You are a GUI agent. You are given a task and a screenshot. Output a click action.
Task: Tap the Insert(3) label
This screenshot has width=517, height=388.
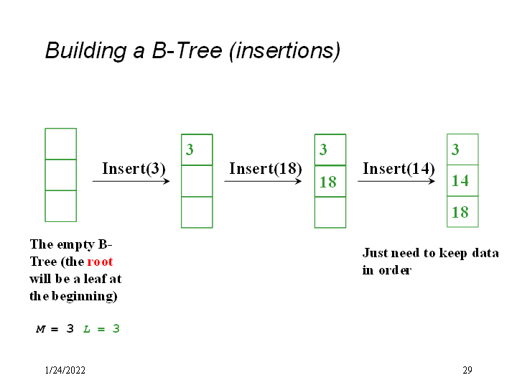click(134, 169)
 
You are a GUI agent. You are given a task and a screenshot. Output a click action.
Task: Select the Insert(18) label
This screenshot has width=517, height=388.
click(265, 169)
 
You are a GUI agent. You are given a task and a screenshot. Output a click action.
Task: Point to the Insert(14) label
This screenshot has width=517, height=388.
click(399, 169)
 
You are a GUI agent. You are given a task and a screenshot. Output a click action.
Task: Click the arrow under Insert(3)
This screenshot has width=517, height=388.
click(131, 181)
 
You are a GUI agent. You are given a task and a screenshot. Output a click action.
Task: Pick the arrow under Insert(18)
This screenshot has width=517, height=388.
click(263, 181)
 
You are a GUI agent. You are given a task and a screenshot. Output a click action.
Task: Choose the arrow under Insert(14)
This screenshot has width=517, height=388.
click(396, 181)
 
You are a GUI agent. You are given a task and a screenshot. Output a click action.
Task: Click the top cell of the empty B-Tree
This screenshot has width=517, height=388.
click(60, 144)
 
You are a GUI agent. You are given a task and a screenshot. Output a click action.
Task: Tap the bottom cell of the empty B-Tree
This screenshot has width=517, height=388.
click(60, 205)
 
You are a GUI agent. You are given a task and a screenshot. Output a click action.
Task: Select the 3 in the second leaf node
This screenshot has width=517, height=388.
click(190, 149)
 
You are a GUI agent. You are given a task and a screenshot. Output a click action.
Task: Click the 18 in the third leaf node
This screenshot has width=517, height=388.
click(327, 182)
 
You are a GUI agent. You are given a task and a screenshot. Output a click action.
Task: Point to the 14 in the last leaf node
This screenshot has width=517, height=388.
click(460, 181)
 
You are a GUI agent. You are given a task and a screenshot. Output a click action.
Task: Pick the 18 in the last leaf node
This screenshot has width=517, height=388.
click(460, 212)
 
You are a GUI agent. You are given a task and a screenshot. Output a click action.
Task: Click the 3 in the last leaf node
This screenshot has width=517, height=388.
click(455, 149)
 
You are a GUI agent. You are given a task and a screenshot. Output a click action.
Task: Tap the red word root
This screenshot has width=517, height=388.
click(100, 262)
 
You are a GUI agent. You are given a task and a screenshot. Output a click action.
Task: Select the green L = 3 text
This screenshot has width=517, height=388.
click(101, 329)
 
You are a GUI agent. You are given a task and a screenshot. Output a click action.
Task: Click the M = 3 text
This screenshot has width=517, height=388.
click(55, 329)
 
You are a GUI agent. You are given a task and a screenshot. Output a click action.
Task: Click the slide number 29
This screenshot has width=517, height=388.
click(467, 371)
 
